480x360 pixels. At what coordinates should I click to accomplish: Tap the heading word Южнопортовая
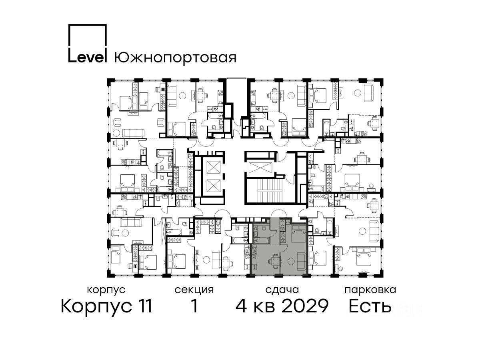point(175,58)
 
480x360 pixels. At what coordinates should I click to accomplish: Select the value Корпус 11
point(106,306)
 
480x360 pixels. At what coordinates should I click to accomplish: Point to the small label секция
point(194,290)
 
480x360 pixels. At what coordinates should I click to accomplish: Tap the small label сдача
point(282,290)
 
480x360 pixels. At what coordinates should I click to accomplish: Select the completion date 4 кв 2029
point(282,306)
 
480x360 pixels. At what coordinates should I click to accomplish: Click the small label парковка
point(370,290)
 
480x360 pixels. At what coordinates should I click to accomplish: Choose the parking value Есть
point(370,306)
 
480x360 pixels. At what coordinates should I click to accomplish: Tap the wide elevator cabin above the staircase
point(259,169)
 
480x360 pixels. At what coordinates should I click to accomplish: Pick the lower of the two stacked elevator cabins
point(213,186)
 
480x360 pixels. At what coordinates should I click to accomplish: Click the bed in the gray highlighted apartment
point(298,234)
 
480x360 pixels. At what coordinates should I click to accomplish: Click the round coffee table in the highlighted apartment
point(291,261)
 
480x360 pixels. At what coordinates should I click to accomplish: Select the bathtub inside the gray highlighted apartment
point(261,241)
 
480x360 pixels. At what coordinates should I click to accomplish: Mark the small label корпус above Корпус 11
point(106,290)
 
